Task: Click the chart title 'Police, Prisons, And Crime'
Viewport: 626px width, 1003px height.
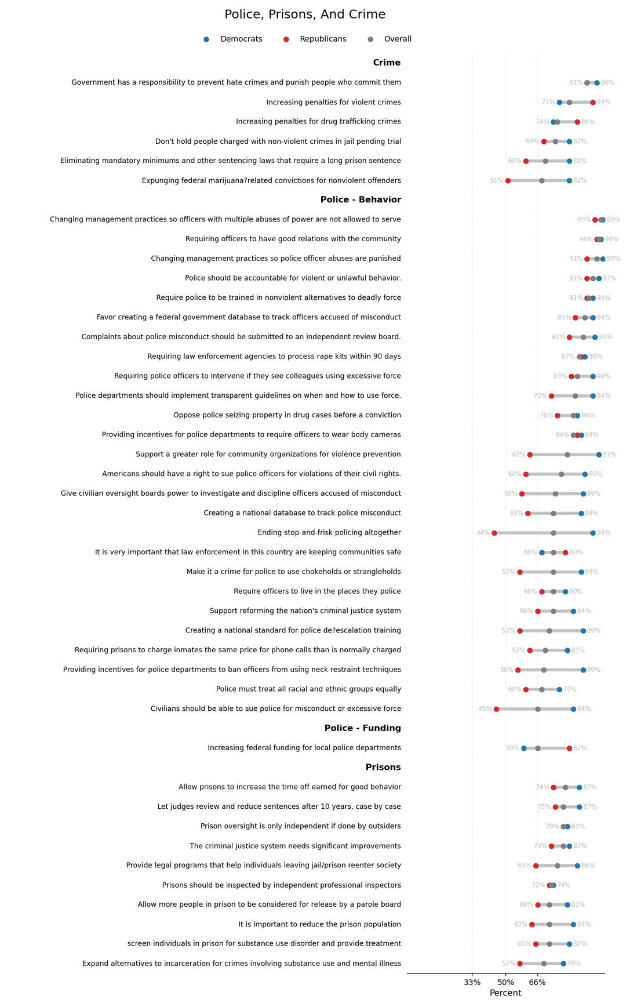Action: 305,15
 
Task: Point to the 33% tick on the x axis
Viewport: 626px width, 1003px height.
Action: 472,982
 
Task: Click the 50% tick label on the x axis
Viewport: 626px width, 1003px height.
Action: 505,982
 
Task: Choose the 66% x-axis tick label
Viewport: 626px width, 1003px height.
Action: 537,982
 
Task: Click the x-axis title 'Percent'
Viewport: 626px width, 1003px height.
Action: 505,993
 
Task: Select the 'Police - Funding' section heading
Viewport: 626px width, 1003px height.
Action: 362,728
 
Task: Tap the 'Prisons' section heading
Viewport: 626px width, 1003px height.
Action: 383,767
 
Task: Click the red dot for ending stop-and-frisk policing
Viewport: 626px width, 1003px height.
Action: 494,533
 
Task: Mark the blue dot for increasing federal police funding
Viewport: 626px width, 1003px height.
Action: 524,748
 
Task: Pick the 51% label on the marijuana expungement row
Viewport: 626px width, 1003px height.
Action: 497,181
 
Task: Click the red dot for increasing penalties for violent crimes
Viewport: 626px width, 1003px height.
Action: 593,103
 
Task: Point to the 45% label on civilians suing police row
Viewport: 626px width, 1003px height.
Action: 485,709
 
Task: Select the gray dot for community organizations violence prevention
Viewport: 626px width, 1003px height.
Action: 567,455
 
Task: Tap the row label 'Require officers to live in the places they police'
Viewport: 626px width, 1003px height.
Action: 317,591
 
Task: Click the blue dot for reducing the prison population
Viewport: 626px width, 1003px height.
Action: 573,924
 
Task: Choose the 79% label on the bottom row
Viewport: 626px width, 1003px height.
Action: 574,964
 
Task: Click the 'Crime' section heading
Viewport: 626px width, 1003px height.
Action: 387,63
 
